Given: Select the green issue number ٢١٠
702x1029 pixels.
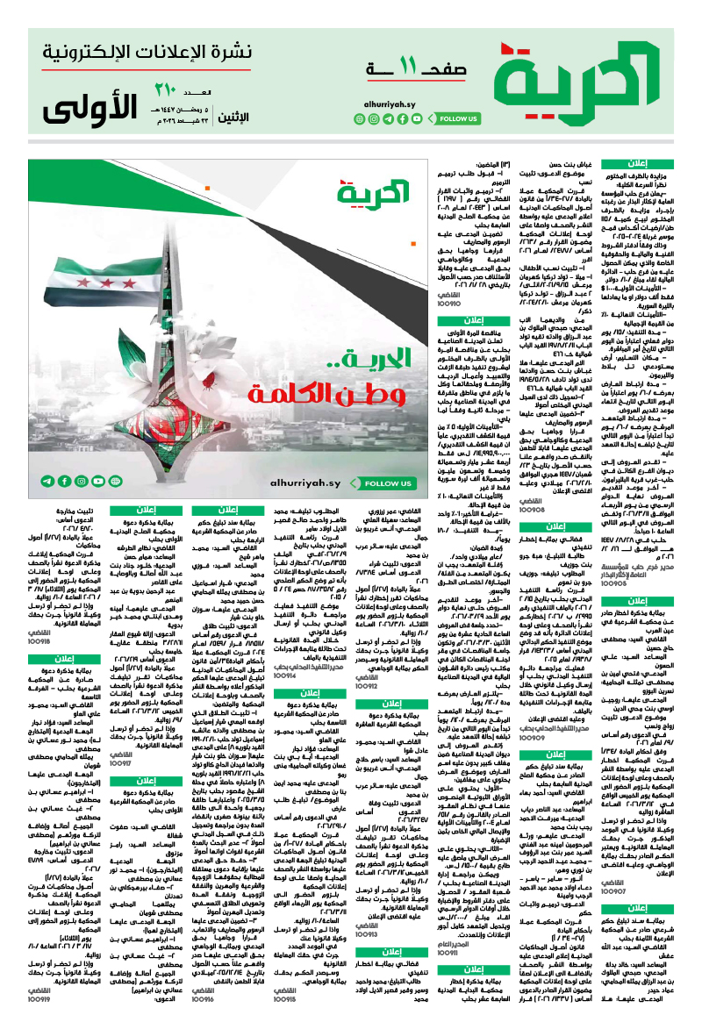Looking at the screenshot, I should click(x=166, y=89).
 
